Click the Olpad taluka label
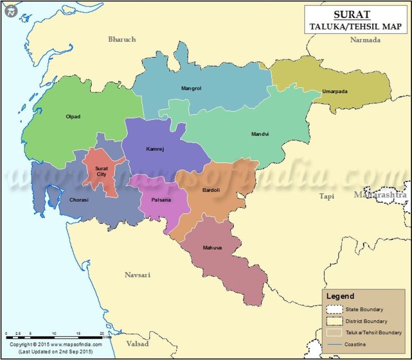[73, 116]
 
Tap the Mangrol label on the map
[191, 88]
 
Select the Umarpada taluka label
[335, 92]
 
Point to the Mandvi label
[260, 134]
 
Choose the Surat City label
[101, 171]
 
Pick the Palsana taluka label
[161, 200]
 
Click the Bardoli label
[211, 191]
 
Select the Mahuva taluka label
[212, 248]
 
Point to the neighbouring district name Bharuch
[122, 40]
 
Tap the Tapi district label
[327, 196]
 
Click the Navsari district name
[138, 275]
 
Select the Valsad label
[138, 344]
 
